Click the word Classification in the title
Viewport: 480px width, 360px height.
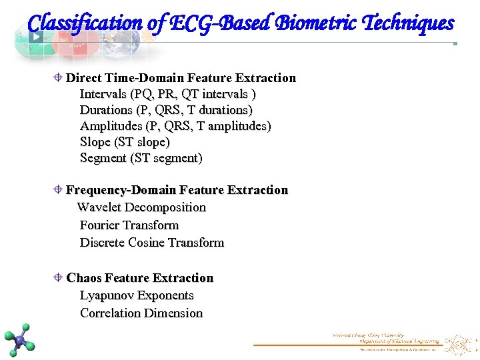coord(84,23)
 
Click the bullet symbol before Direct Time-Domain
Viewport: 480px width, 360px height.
coord(59,78)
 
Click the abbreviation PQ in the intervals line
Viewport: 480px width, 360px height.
coord(143,94)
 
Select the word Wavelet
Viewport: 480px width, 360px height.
coord(99,207)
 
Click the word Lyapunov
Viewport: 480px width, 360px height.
coord(107,295)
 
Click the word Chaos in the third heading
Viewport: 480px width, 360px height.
coord(84,278)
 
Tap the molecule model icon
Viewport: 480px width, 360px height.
coord(19,340)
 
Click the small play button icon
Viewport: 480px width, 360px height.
coord(36,37)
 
